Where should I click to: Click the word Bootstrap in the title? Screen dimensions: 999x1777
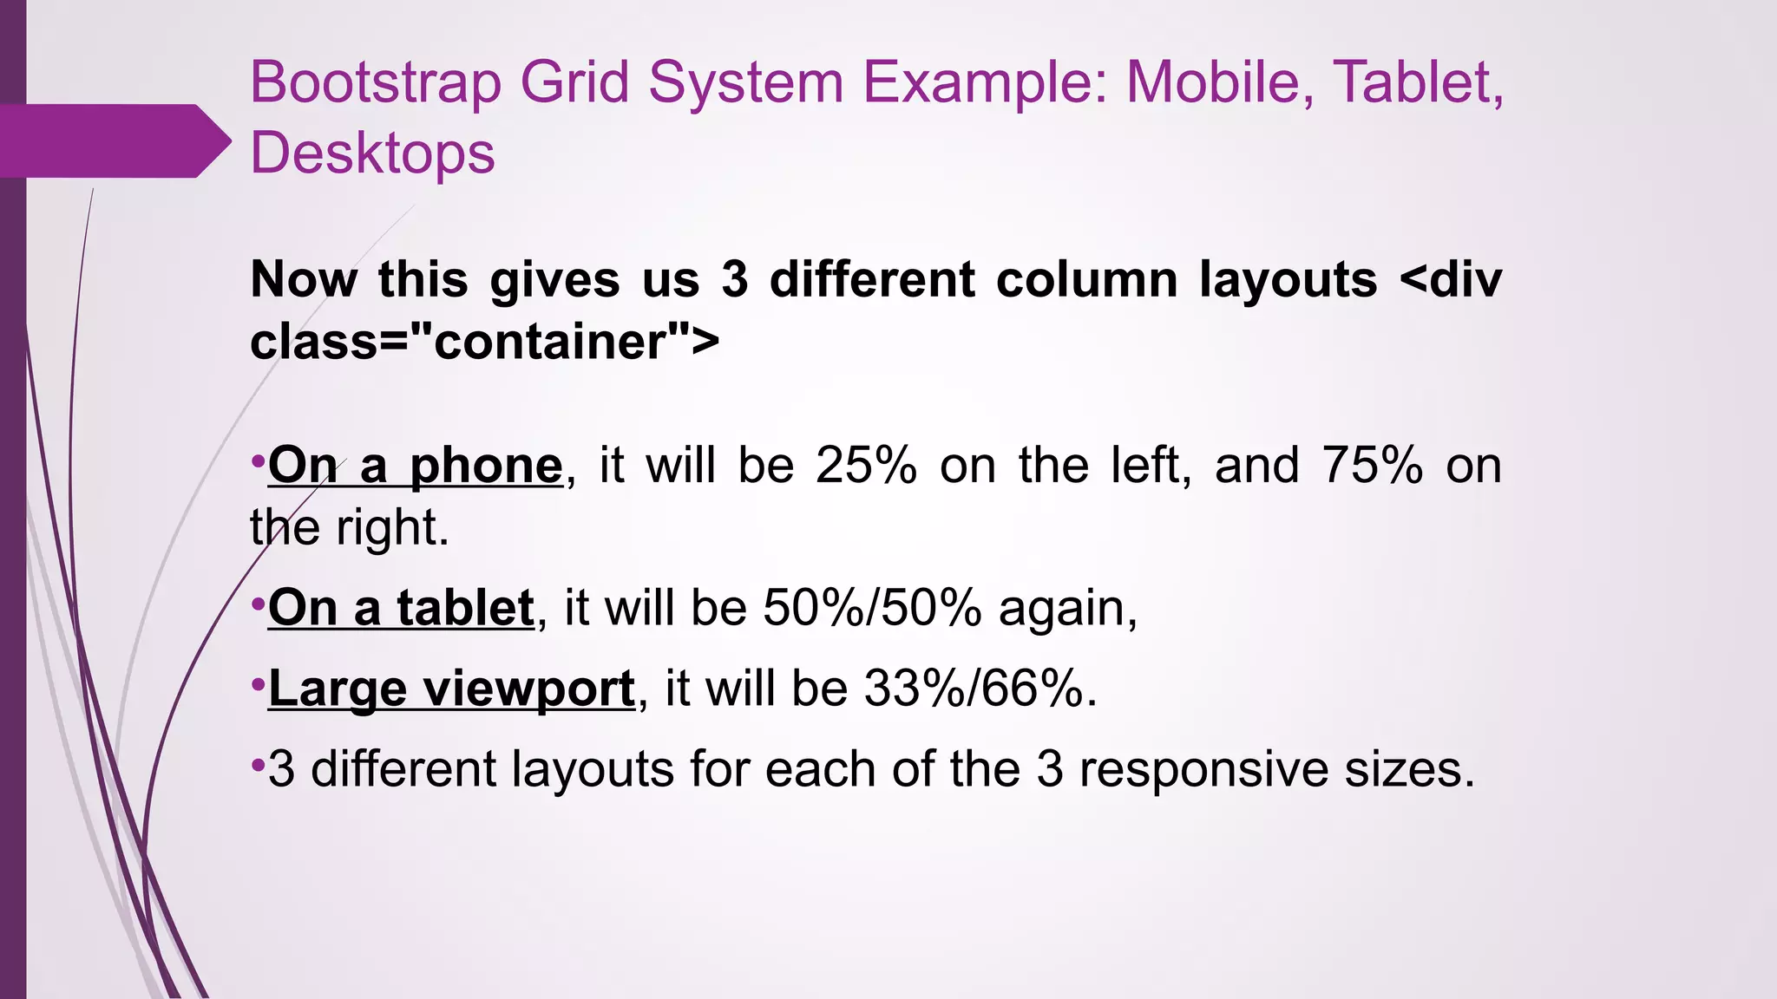[x=375, y=84]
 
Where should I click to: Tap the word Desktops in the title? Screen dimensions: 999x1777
[x=372, y=153]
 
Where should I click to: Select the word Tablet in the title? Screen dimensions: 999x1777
[x=1412, y=82]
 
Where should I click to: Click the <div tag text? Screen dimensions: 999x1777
[x=1450, y=279]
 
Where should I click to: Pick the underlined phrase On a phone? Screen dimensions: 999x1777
[x=415, y=466]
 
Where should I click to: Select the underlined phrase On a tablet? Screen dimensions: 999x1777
[x=400, y=607]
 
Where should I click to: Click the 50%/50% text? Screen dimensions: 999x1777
[x=872, y=607]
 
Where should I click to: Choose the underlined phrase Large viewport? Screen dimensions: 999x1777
[x=451, y=689]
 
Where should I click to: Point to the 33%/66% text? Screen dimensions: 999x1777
[x=980, y=689]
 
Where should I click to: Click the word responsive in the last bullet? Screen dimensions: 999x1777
[x=1201, y=769]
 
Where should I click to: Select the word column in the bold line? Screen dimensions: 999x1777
[x=1085, y=279]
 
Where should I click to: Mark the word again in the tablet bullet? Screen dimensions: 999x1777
[x=1067, y=609]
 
